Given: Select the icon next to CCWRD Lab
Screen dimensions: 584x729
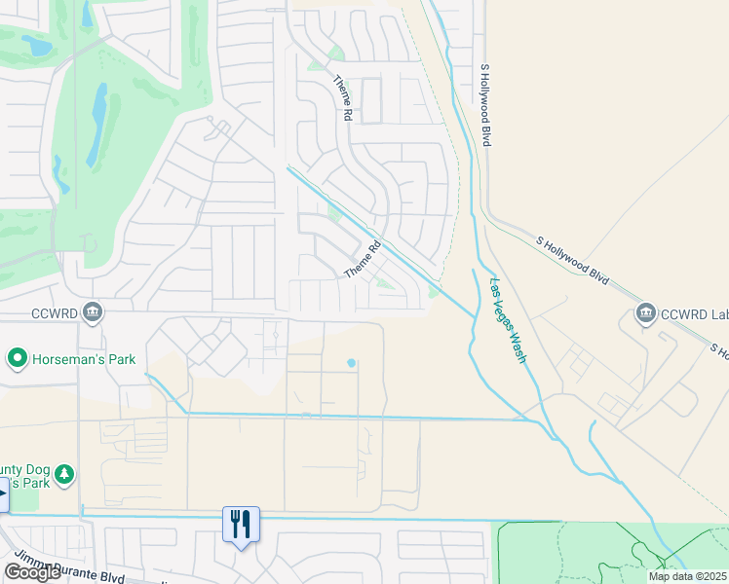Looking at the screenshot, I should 644,312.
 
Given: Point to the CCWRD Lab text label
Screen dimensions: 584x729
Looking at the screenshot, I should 694,313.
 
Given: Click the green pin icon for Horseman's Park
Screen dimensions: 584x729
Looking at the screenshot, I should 17,359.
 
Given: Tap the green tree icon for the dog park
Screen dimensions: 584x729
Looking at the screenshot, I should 64,474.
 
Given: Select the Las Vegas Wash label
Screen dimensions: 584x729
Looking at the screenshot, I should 508,320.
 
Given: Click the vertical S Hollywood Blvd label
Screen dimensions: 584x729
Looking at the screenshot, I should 484,106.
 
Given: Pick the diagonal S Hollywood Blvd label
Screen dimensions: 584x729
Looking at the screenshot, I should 573,260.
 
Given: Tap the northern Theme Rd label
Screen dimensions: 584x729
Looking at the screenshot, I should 343,98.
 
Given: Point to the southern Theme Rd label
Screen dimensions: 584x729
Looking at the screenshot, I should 362,260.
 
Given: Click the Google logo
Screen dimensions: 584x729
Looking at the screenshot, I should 32,572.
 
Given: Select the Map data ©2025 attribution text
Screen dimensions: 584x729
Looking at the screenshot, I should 687,576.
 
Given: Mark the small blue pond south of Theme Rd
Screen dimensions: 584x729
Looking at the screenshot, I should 351,364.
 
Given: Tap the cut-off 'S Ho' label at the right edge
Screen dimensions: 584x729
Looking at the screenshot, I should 718,348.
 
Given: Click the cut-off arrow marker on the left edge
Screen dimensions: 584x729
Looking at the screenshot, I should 4,494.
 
